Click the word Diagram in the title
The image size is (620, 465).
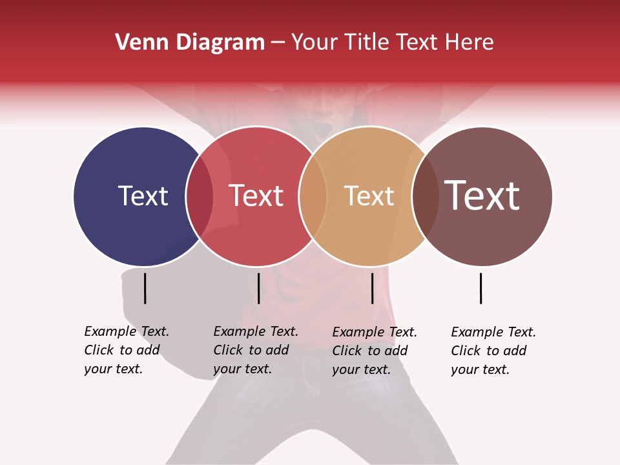220,43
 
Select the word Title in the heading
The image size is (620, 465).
366,43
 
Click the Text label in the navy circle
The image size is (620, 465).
143,196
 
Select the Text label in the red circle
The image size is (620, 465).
256,196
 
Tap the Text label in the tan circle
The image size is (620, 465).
369,196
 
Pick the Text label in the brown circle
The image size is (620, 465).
482,196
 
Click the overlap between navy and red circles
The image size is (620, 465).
200,196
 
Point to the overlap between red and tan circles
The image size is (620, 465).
313,196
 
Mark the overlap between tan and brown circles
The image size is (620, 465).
425,196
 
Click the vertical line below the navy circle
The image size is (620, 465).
145,288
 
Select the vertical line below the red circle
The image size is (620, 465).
258,288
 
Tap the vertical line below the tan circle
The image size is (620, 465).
372,288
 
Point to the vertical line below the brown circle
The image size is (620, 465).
481,288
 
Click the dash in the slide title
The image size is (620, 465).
278,43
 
